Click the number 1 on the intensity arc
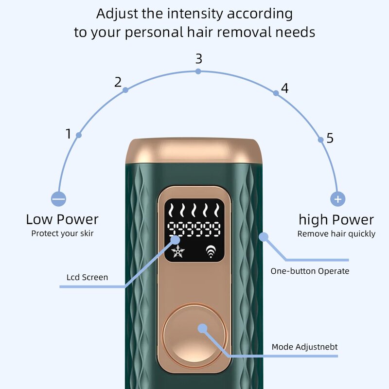pos(69,134)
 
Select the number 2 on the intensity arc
pos(118,82)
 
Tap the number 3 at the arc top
pos(198,59)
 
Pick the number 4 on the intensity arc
pos(285,88)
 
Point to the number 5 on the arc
pos(330,139)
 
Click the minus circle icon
pos(58,199)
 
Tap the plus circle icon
pos(337,199)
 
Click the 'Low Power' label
pos(62,219)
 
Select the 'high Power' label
pos(336,219)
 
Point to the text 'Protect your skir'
pos(62,233)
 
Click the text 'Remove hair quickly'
pos(336,234)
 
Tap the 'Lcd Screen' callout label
pos(87,278)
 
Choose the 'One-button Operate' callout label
pos(310,271)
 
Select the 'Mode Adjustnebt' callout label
pos(304,347)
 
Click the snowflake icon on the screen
pos(178,252)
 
